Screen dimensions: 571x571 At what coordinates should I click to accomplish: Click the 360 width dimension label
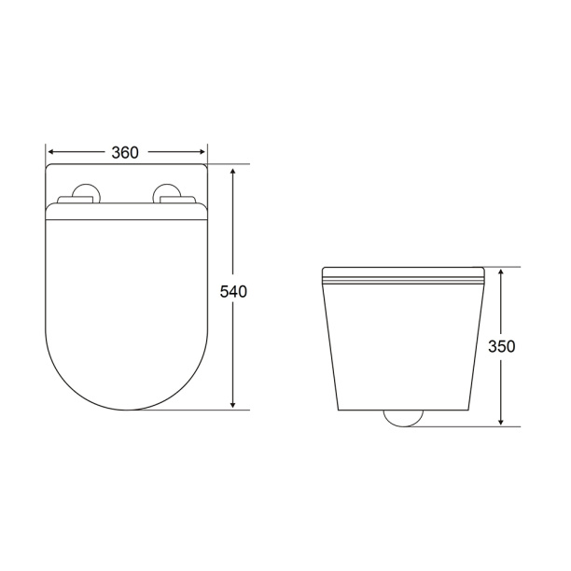coord(125,153)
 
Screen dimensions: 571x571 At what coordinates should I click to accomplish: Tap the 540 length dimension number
coord(233,292)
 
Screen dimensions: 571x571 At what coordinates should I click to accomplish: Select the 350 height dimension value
coord(501,346)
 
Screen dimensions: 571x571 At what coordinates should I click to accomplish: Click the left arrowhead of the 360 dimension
coord(52,152)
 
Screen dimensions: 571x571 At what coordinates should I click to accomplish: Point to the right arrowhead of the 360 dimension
coord(202,152)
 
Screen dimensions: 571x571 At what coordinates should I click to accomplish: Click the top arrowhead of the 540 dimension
coord(233,172)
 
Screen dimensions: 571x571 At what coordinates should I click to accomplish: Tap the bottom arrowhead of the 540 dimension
coord(233,404)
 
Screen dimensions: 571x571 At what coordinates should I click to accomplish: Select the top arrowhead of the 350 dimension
coord(501,272)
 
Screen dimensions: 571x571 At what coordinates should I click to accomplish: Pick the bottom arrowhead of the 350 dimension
coord(501,421)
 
